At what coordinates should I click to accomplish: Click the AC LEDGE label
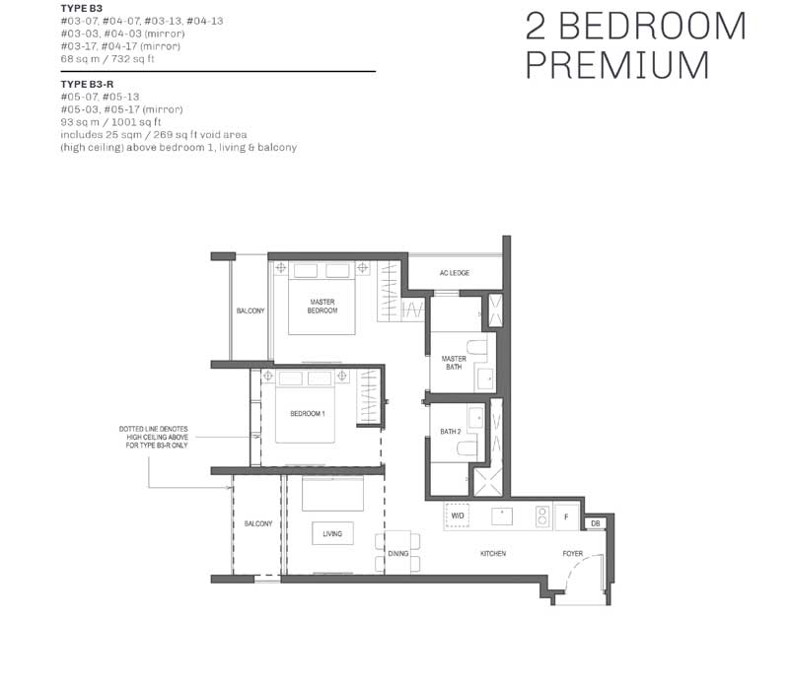click(454, 273)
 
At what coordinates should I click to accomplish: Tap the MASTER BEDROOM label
click(323, 307)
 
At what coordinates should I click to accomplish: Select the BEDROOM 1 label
click(308, 414)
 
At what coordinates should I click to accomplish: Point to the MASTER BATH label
click(454, 363)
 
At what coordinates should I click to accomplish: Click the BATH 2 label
click(451, 432)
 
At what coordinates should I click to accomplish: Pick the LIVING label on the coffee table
click(332, 533)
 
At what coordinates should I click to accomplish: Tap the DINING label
click(398, 554)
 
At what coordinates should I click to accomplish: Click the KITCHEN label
click(492, 554)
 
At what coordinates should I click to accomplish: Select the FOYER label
click(573, 554)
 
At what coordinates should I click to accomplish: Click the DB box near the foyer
click(596, 523)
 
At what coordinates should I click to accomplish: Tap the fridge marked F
click(566, 517)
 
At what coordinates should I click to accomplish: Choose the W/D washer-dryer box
click(458, 516)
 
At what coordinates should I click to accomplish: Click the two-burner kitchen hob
click(541, 517)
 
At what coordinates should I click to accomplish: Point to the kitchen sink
click(502, 517)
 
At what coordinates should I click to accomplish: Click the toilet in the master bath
click(477, 348)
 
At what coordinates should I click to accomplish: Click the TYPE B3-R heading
click(87, 85)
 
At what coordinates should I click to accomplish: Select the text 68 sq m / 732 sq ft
click(108, 59)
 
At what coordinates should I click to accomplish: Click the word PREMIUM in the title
click(617, 65)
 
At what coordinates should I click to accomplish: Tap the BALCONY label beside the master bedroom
click(251, 310)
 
